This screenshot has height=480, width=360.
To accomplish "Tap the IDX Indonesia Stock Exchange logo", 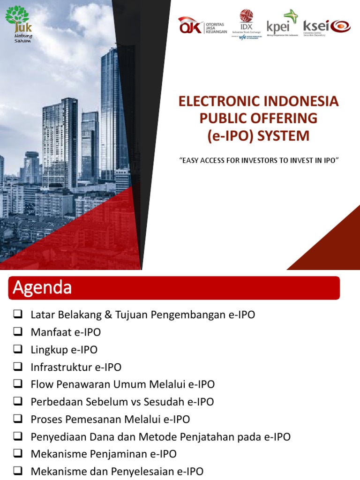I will pyautogui.click(x=246, y=24).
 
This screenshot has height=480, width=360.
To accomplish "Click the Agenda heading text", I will pyautogui.click(x=42, y=287).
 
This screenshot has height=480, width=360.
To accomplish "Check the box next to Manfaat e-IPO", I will pyautogui.click(x=18, y=332).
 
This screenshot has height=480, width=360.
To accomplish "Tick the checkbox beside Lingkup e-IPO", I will pyautogui.click(x=18, y=350).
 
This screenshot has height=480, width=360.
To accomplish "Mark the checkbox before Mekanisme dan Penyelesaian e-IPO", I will pyautogui.click(x=18, y=471).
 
